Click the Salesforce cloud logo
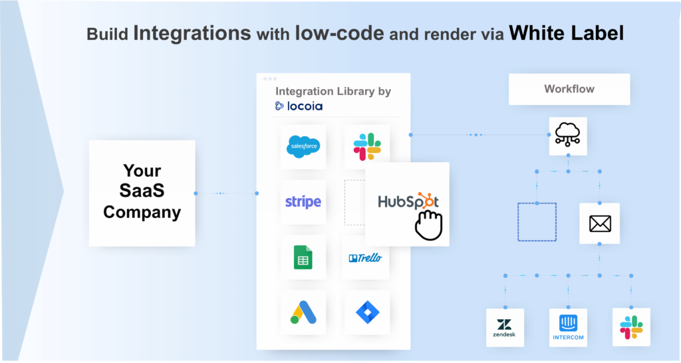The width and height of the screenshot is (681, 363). pos(303,146)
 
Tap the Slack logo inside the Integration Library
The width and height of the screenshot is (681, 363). pos(366,146)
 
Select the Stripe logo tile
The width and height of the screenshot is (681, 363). pos(303,202)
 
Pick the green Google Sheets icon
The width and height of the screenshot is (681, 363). pos(303,257)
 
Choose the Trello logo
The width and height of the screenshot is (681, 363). pos(366,257)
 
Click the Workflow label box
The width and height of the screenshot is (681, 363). pos(569,89)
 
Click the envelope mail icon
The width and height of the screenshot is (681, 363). pos(600,223)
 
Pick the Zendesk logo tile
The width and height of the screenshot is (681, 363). pos(505,327)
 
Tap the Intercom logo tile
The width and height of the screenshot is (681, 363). pos(568,327)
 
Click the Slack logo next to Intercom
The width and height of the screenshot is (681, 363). pos(631,327)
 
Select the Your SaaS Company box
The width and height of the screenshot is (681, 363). pos(142,193)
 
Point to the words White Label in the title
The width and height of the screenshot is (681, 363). pos(567,34)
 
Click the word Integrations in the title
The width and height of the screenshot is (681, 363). pos(192,34)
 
